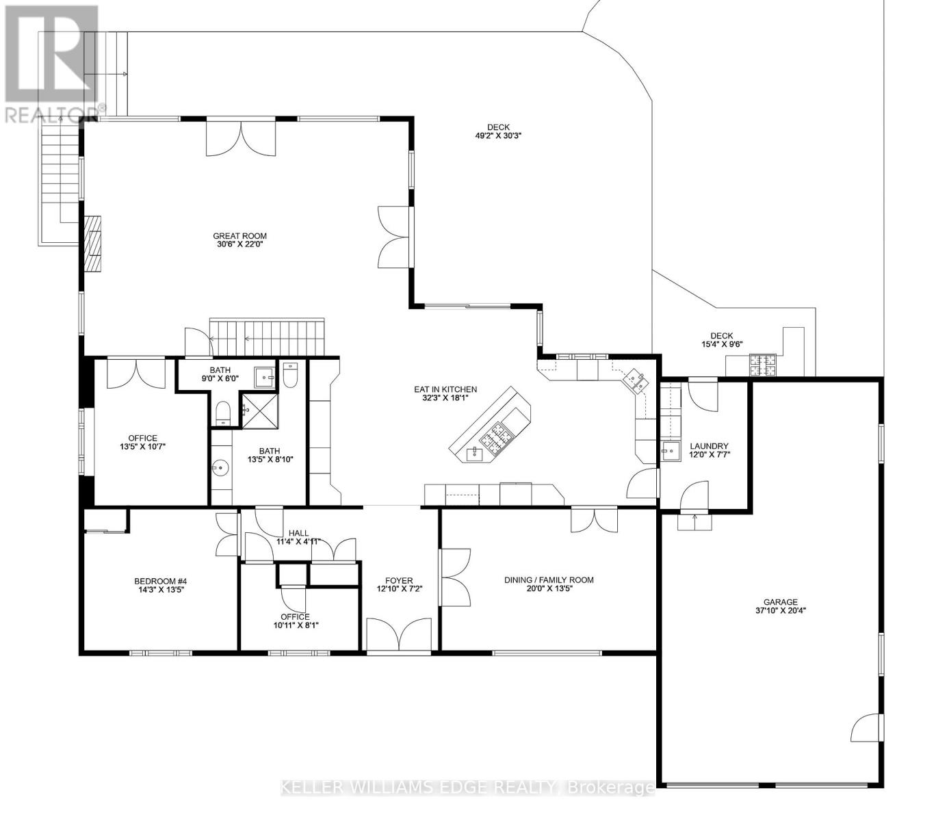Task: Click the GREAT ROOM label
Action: [x=239, y=236]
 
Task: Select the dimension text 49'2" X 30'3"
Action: [x=498, y=136]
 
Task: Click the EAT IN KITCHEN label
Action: [x=445, y=389]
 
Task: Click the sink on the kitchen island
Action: [x=474, y=454]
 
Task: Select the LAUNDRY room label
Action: [x=709, y=446]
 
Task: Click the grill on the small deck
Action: [x=762, y=365]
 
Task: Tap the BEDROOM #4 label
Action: [x=160, y=581]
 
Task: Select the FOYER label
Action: [x=399, y=580]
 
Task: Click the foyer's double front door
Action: [x=399, y=635]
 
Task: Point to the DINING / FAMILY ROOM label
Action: [x=549, y=579]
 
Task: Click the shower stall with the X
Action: [x=260, y=411]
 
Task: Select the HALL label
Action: [x=298, y=533]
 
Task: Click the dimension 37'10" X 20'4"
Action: [x=780, y=610]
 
